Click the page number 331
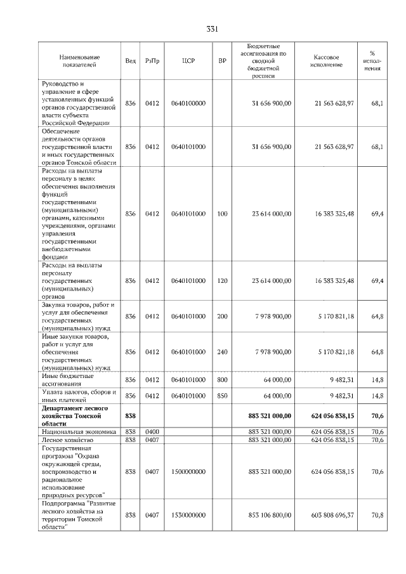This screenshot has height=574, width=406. click(x=213, y=29)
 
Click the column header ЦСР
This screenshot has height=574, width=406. click(x=188, y=61)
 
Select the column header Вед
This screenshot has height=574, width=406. click(x=131, y=61)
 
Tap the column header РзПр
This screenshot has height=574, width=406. click(x=152, y=61)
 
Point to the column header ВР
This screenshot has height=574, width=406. click(x=222, y=61)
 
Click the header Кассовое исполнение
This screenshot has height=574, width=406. click(x=327, y=61)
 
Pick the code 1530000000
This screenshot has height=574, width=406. click(x=188, y=515)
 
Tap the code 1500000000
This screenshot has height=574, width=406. click(x=188, y=471)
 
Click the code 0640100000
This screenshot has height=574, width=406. click(x=188, y=103)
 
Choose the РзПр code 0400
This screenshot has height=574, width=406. click(x=152, y=431)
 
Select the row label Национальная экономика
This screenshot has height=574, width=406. click(x=79, y=431)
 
